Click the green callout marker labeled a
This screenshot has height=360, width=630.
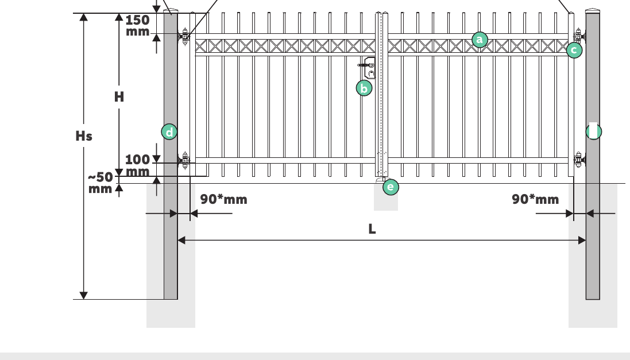[x=480, y=40]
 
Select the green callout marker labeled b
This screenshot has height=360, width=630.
[x=364, y=88]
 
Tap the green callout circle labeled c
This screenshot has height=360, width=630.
[x=574, y=50]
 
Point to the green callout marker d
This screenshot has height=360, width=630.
[x=169, y=132]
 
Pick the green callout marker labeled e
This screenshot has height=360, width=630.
[x=391, y=187]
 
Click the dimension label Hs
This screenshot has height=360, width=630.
[x=84, y=136]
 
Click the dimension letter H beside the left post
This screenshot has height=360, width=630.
[x=119, y=97]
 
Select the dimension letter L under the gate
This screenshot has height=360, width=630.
[x=372, y=229]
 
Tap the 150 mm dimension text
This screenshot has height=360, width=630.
[x=137, y=26]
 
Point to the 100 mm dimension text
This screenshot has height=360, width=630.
[x=137, y=165]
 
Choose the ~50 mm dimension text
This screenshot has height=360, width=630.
[x=101, y=183]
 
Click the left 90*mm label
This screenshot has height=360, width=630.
[x=224, y=199]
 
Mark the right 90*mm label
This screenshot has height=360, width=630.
[x=535, y=199]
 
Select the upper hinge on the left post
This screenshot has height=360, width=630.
[x=184, y=37]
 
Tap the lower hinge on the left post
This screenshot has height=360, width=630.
[x=184, y=161]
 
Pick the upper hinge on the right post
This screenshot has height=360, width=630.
[x=578, y=37]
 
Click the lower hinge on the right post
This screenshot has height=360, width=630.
[x=578, y=160]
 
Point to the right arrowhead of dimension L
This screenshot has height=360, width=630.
[x=582, y=240]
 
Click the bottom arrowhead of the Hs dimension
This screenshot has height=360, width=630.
[x=84, y=295]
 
